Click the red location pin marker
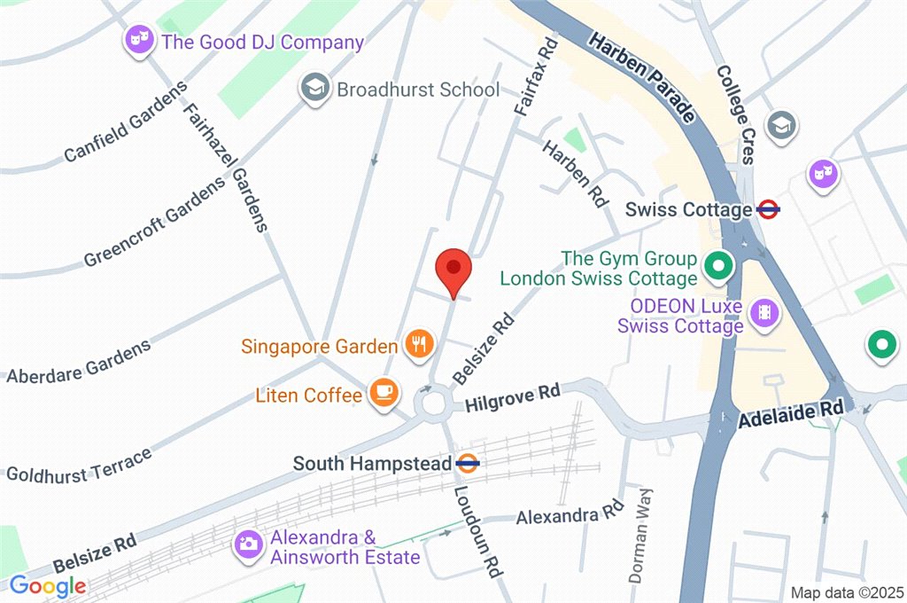pyautogui.click(x=453, y=269)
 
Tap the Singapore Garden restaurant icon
pyautogui.click(x=417, y=343)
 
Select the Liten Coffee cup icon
pyautogui.click(x=384, y=392)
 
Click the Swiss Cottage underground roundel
pyautogui.click(x=768, y=210)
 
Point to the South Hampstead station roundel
pyautogui.click(x=468, y=462)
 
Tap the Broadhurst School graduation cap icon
pyautogui.click(x=313, y=89)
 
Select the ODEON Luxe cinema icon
pyautogui.click(x=763, y=312)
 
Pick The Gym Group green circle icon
pyautogui.click(x=715, y=265)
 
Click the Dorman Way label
pyautogui.click(x=640, y=535)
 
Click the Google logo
pyautogui.click(x=48, y=586)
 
